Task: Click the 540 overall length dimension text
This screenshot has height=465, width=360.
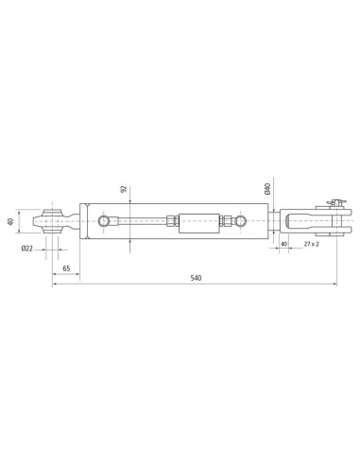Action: tap(196, 278)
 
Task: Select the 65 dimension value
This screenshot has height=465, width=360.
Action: tap(66, 268)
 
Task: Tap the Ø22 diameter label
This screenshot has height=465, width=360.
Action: tap(27, 249)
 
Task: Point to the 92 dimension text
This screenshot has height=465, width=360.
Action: tap(124, 189)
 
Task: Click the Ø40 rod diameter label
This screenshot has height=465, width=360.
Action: tap(268, 188)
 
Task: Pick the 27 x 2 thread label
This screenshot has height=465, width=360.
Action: tap(311, 244)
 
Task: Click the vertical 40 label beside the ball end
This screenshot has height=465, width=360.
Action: tap(11, 221)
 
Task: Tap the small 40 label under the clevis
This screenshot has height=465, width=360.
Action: tap(283, 244)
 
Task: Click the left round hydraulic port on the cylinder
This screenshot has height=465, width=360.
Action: tap(103, 221)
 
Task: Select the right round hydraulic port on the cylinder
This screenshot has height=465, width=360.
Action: tap(240, 221)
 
